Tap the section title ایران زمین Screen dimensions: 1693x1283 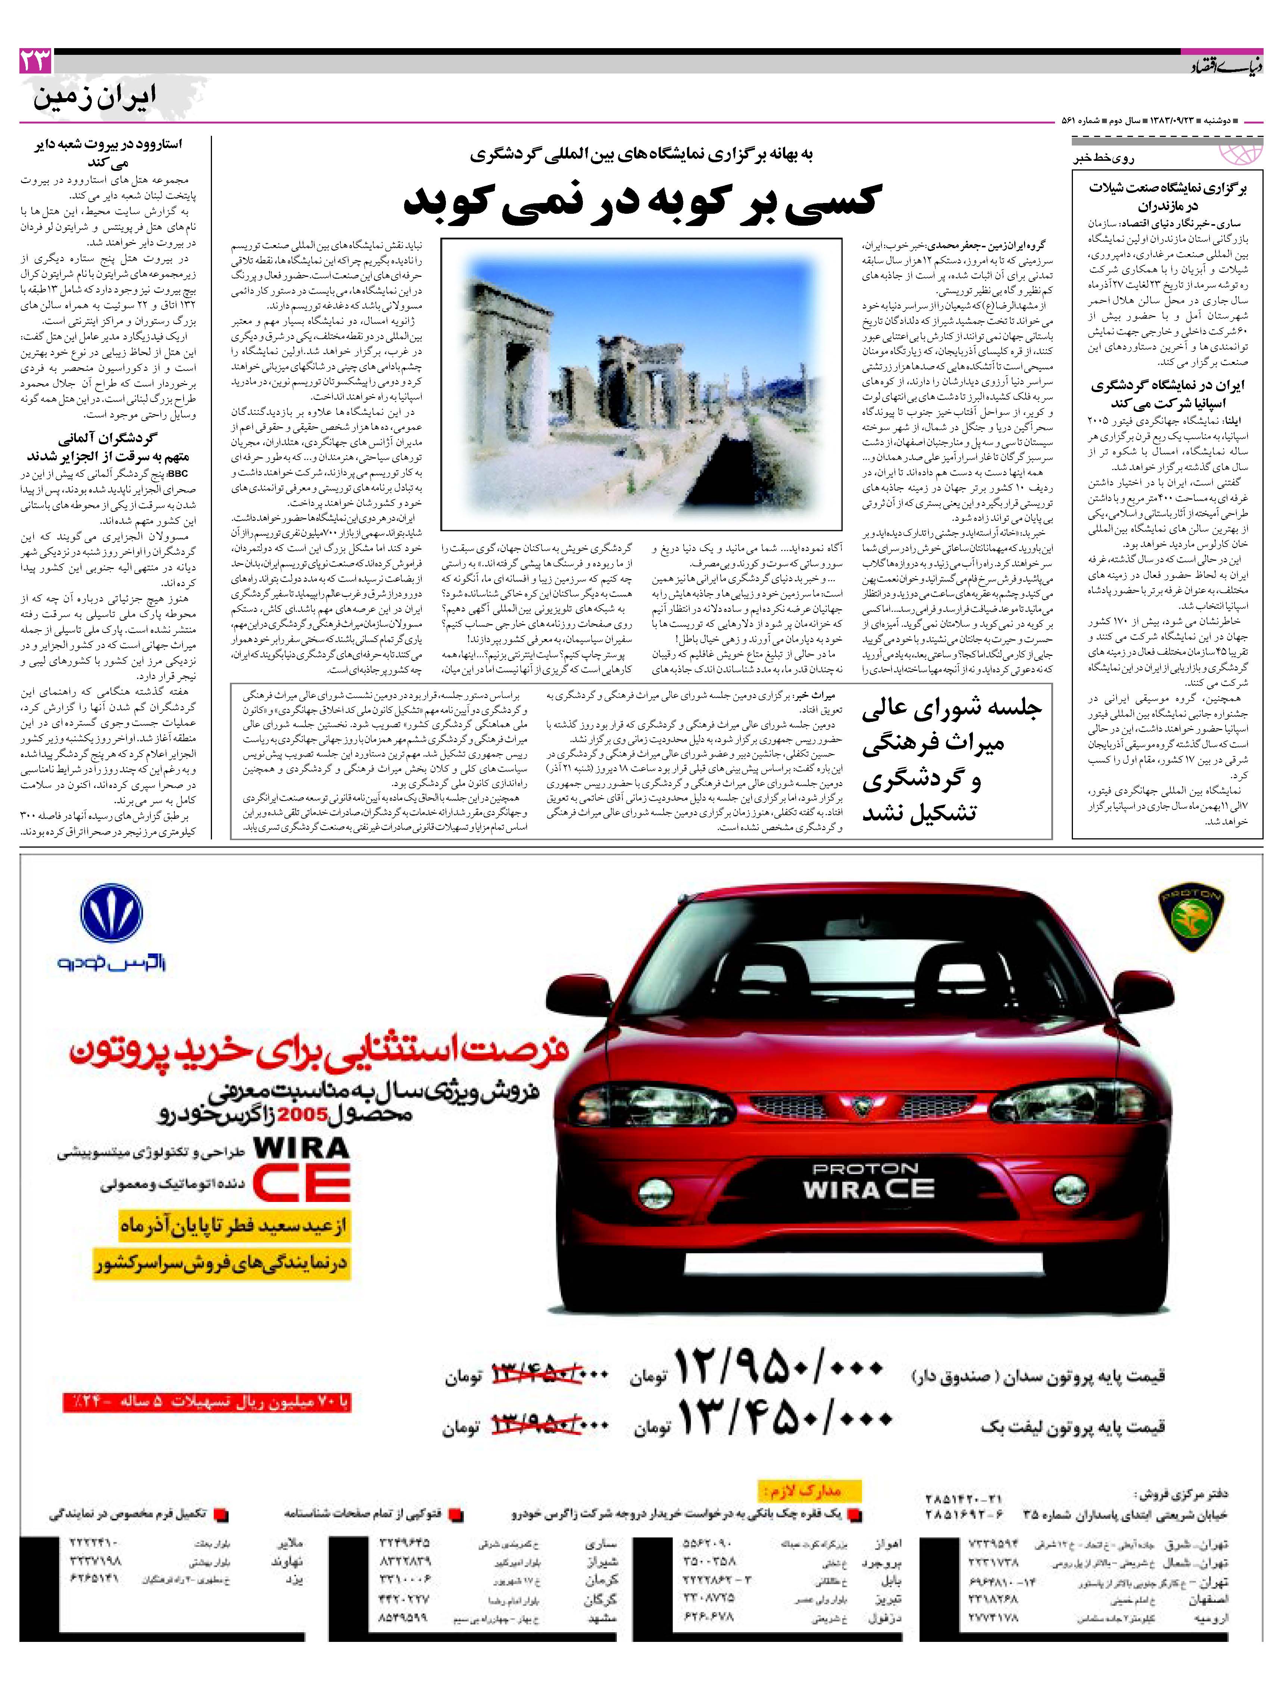[x=94, y=97]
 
